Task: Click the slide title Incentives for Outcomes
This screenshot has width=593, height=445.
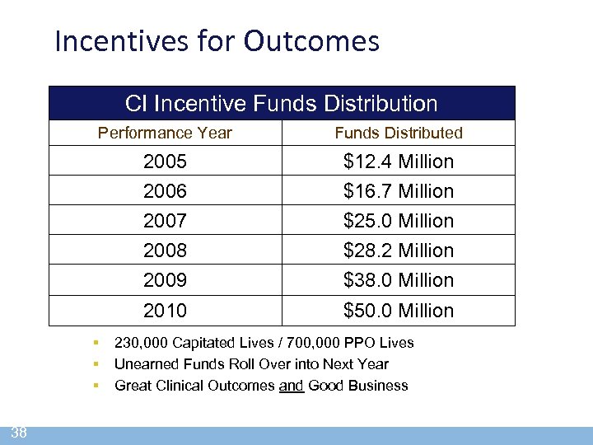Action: pos(217,40)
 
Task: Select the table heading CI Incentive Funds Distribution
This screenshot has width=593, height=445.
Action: pos(281,104)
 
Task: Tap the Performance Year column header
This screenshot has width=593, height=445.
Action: pos(165,133)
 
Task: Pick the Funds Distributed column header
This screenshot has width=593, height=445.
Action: pos(399,133)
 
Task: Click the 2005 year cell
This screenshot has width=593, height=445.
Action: pos(165,162)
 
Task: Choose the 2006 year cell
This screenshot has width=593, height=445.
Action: pos(165,191)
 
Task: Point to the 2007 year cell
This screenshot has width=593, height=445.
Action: pos(165,221)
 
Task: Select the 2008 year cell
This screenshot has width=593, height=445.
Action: pos(165,251)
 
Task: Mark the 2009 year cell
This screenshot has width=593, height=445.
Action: pos(165,280)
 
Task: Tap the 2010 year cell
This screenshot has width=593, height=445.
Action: pos(165,311)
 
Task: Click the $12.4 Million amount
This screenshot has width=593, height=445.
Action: pos(399,162)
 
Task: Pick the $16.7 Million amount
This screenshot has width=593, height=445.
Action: pos(399,191)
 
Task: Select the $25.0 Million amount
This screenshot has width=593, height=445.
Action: pos(399,221)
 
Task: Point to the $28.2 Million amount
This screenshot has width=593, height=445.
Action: pos(399,251)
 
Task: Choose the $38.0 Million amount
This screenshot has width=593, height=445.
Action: pos(399,280)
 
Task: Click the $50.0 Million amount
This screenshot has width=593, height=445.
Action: pos(399,311)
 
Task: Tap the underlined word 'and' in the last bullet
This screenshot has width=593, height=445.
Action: pos(292,386)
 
